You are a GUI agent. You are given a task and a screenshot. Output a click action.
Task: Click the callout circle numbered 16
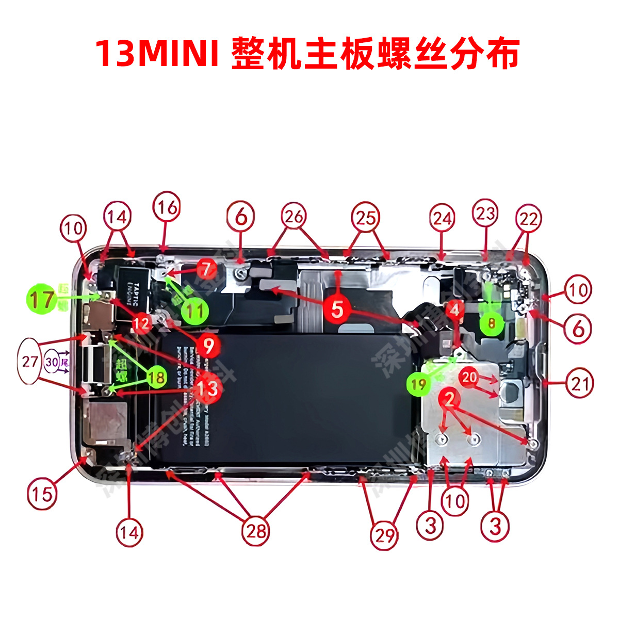point(167,208)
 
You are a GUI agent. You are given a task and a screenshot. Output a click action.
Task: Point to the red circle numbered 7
point(206,269)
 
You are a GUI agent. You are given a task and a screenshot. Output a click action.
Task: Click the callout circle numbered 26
point(294,217)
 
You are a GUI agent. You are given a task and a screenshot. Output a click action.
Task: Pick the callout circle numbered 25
point(365,218)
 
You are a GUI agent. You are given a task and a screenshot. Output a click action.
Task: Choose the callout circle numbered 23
point(485,213)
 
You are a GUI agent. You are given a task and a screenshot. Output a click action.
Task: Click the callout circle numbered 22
point(528,220)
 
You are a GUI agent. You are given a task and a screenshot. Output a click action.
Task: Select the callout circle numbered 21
point(579,383)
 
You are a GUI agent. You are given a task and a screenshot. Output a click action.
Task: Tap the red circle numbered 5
point(337,309)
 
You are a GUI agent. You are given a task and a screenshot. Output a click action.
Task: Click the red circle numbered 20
point(469,378)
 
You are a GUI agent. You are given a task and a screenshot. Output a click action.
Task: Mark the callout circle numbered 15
point(42,494)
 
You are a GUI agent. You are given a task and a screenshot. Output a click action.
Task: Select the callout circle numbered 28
point(256,530)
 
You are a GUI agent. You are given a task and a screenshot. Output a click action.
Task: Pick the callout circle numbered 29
point(384,535)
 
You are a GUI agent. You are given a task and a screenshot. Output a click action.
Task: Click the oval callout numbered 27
point(30,361)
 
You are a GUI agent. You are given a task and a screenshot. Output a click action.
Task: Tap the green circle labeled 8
point(492,323)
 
